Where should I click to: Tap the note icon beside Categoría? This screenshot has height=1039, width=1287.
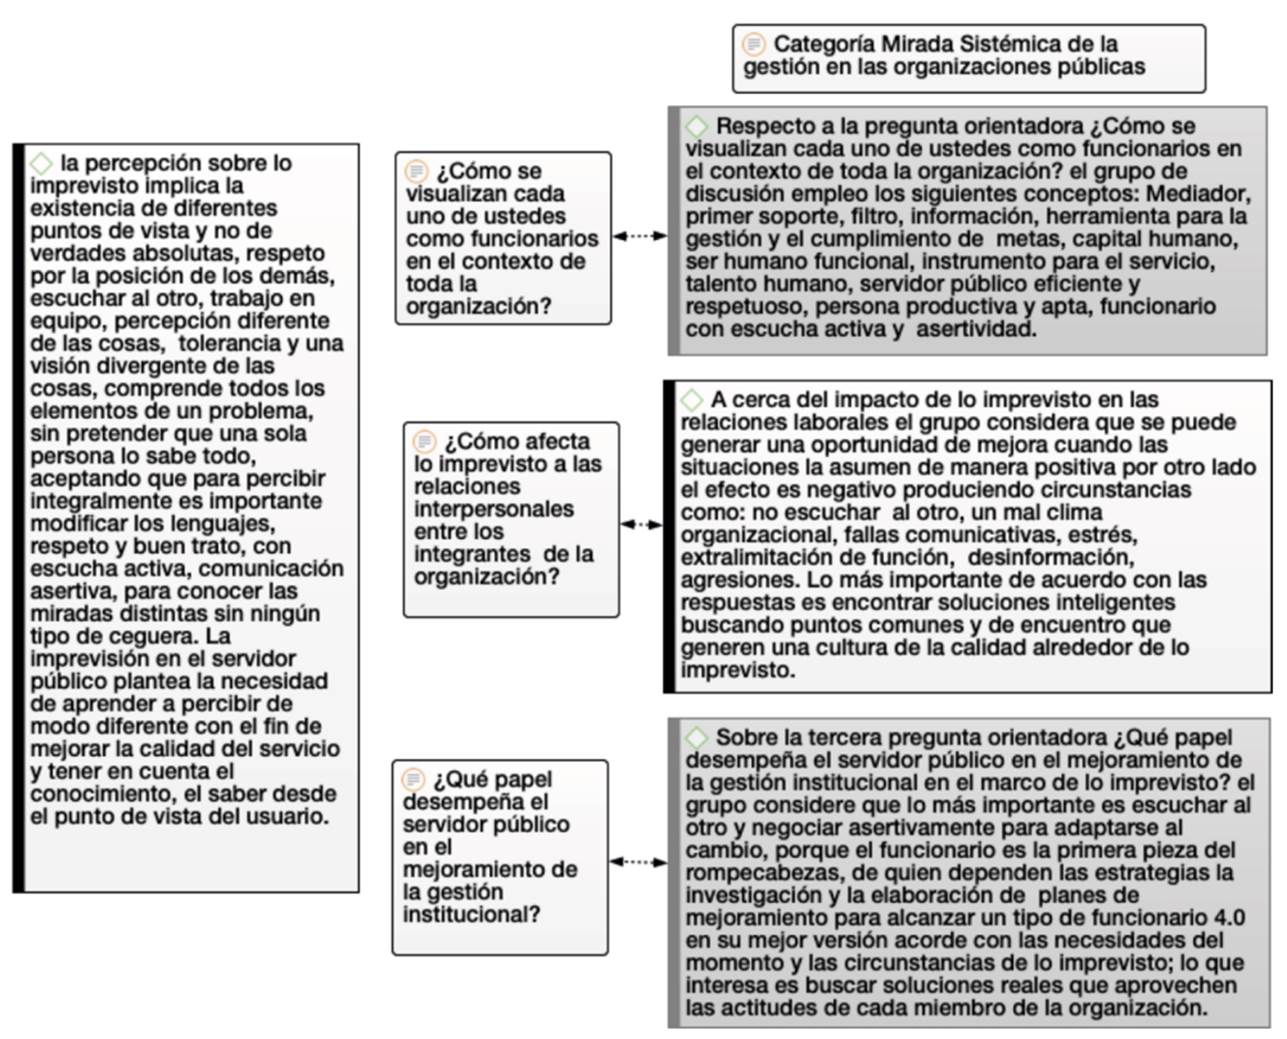754,44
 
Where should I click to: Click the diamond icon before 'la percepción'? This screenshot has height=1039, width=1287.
41,162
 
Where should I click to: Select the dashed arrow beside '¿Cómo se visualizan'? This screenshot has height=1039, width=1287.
639,236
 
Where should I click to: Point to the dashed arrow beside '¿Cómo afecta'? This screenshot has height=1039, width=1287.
640,524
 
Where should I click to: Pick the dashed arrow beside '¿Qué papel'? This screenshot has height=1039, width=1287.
637,861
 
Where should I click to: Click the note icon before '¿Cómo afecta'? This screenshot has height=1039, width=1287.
426,441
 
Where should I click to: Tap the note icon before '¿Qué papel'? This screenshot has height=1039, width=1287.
413,779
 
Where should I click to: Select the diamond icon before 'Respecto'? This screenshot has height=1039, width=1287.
697,126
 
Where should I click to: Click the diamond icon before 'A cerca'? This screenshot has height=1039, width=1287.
692,399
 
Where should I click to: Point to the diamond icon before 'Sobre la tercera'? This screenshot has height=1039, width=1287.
697,737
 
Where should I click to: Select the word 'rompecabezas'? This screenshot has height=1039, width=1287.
751,872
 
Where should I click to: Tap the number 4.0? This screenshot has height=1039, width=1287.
1229,917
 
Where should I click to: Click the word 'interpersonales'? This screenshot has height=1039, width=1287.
494,509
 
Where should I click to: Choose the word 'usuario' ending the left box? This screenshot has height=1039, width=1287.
288,816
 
